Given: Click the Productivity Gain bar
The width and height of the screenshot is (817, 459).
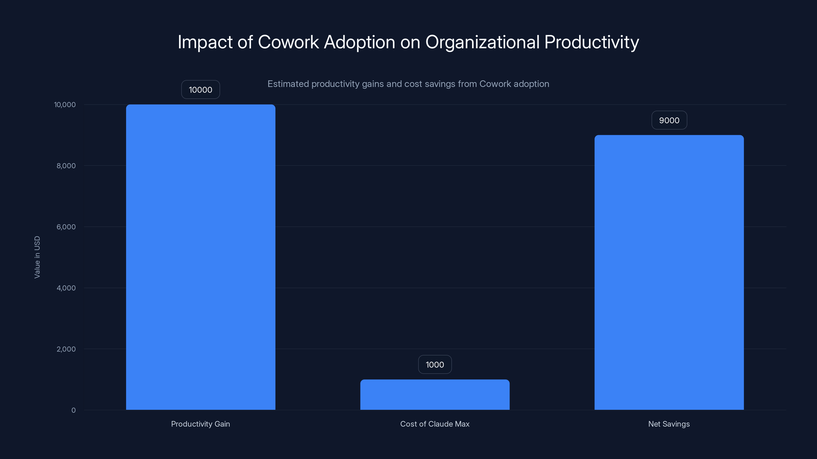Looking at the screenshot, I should pos(200,257).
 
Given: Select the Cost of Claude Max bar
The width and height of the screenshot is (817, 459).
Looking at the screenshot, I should pos(435,394).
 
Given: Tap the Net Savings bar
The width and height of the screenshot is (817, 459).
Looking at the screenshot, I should pos(669,272).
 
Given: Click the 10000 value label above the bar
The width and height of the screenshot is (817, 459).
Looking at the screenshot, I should pos(200,90).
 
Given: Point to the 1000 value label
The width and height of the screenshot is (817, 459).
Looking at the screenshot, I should pos(435,365).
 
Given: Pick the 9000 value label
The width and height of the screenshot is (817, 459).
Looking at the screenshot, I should pos(669,120).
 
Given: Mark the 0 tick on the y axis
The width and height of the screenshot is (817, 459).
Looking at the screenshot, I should pos(74,410).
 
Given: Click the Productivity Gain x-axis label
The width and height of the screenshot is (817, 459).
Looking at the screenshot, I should pos(200,424).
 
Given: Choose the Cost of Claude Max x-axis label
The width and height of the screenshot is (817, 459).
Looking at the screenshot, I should pos(435,424).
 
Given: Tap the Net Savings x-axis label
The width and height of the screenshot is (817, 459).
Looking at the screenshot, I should pos(669,424).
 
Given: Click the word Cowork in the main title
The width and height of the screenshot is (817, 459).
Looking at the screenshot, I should pos(288,42).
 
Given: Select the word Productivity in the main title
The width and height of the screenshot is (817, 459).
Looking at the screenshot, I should pos(592,42).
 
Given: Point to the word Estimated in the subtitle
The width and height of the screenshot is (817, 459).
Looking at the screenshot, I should pos(288,84).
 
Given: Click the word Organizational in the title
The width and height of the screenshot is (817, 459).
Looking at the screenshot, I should pos(482,42).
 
